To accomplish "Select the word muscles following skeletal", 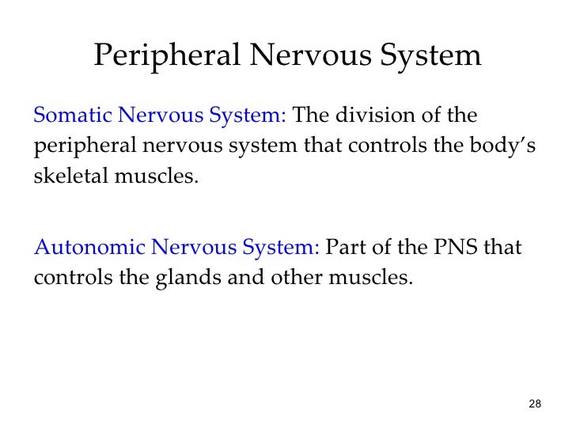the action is pos(155,175).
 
